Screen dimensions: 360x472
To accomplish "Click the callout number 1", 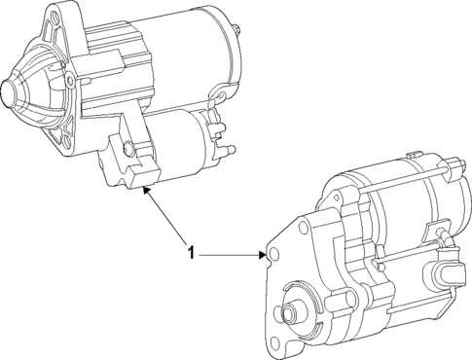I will click(192, 253).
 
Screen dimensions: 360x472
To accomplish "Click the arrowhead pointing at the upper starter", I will click(146, 192).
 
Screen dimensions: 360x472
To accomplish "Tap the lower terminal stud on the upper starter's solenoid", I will click(231, 150).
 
